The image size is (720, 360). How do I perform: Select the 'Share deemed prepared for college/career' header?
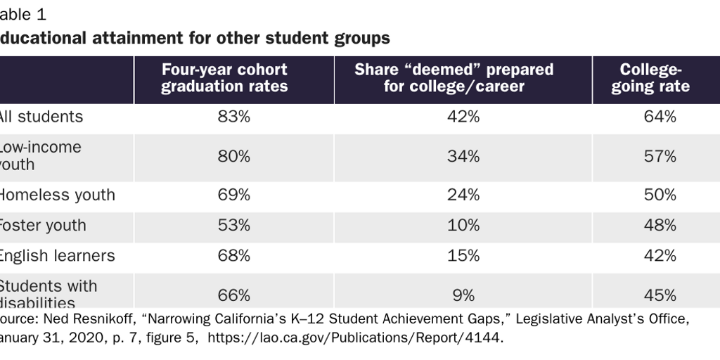tap(463, 78)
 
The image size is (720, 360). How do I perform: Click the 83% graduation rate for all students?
tap(233, 117)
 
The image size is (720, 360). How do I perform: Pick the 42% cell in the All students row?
tap(463, 117)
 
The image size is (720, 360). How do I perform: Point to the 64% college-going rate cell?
tap(660, 117)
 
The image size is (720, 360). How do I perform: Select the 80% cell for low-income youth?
tap(233, 156)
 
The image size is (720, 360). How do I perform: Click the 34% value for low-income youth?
tap(463, 156)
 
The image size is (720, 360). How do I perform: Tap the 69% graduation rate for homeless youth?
tap(233, 195)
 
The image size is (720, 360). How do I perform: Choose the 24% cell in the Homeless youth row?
tap(463, 195)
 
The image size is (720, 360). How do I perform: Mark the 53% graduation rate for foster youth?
tap(233, 226)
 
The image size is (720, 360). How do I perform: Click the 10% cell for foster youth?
tap(463, 226)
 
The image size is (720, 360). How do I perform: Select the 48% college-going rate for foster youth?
tap(660, 226)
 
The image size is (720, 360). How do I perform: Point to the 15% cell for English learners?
tap(463, 256)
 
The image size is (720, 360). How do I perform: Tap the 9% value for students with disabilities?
tap(463, 295)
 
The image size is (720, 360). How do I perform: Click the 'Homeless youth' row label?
tap(56, 195)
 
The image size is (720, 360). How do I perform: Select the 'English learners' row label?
tap(56, 256)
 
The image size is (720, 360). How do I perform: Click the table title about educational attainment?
tap(195, 38)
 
